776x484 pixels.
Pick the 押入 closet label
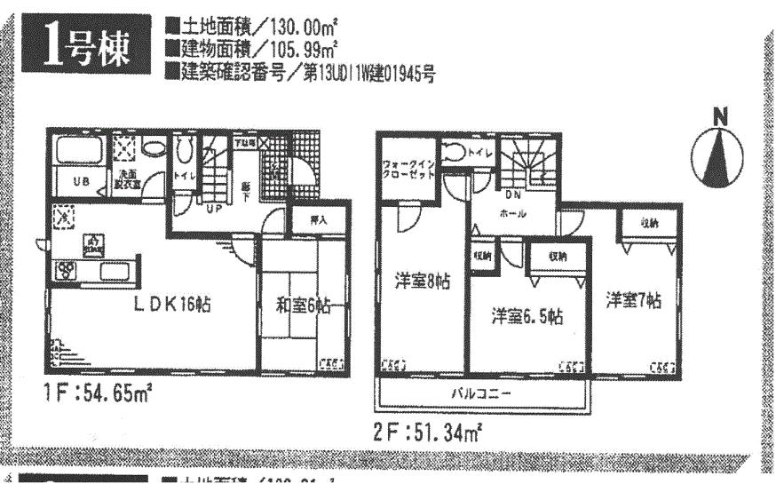click(319, 218)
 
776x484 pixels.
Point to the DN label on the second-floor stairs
click(512, 195)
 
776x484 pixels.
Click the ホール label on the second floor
click(514, 213)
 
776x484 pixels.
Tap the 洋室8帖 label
click(422, 282)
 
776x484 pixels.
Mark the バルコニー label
click(484, 391)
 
